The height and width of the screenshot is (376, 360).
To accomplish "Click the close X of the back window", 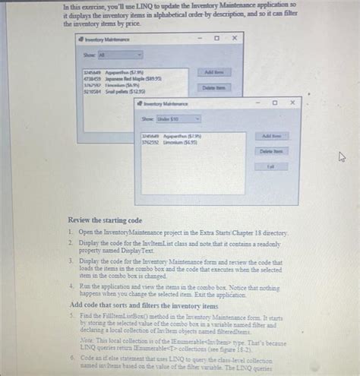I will point(235,37).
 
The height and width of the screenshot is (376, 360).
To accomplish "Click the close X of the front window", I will point(292,101).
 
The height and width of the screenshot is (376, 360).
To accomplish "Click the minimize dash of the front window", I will point(257,101).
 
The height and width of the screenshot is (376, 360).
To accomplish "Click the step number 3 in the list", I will point(70,260).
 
